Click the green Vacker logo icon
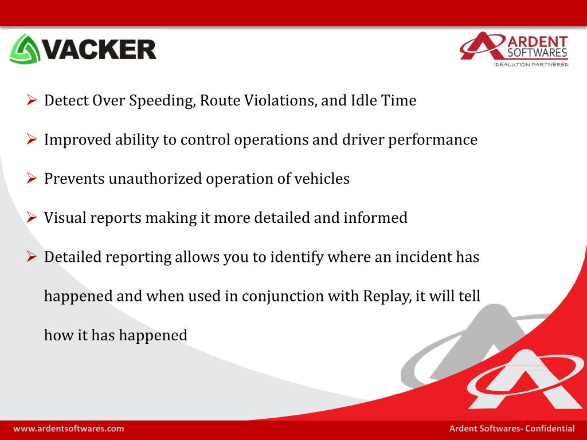pyautogui.click(x=25, y=49)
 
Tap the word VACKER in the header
pyautogui.click(x=99, y=49)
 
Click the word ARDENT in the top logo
pyautogui.click(x=538, y=41)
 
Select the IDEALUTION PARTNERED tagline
pyautogui.click(x=531, y=64)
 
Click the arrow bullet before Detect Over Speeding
pyautogui.click(x=32, y=100)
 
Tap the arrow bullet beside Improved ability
pyautogui.click(x=32, y=139)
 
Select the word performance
pyautogui.click(x=433, y=140)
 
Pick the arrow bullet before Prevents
pyautogui.click(x=32, y=178)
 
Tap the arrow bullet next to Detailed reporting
pyautogui.click(x=32, y=257)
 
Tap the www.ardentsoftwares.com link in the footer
pyautogui.click(x=69, y=429)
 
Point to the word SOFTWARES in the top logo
pyautogui.click(x=538, y=53)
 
